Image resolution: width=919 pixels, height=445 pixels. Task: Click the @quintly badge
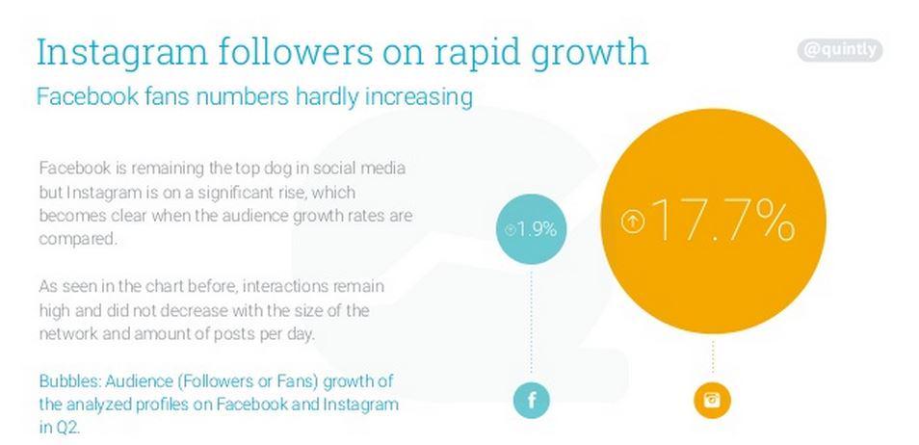pos(840,50)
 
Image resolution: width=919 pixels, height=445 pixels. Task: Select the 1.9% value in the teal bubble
pos(538,230)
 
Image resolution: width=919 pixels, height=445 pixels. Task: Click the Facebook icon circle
pos(531,400)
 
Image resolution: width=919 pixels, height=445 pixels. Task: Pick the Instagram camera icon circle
pos(712,400)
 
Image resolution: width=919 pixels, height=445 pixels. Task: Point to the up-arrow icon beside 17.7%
pos(632,222)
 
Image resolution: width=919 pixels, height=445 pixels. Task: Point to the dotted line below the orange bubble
pos(713,356)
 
